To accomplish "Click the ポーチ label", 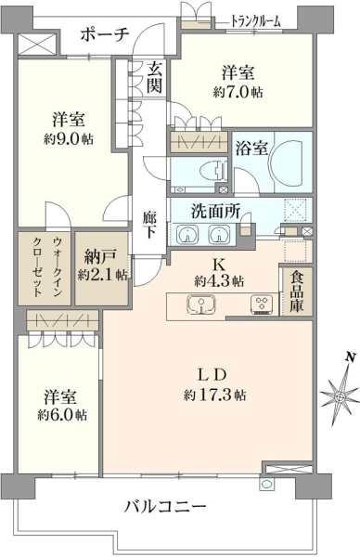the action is point(104,34).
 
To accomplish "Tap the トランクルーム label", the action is point(255,21).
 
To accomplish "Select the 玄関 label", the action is point(154,76).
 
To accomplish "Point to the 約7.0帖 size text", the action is point(238,93).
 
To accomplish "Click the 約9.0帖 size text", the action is point(69,139).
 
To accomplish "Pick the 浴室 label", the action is point(251,149).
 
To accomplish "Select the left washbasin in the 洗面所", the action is point(187,235).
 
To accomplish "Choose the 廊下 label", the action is point(149,224).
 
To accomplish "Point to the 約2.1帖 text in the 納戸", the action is point(103,275).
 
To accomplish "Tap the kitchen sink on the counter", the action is point(201,304).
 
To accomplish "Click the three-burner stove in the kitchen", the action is point(264,304).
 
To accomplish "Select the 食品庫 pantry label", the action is point(296,291).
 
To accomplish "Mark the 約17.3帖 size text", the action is point(214,395).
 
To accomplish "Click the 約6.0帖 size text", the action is point(62,415).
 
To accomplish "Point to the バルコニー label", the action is point(165,506).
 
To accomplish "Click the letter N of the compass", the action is point(351,357).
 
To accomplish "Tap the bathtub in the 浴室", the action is point(288,163).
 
